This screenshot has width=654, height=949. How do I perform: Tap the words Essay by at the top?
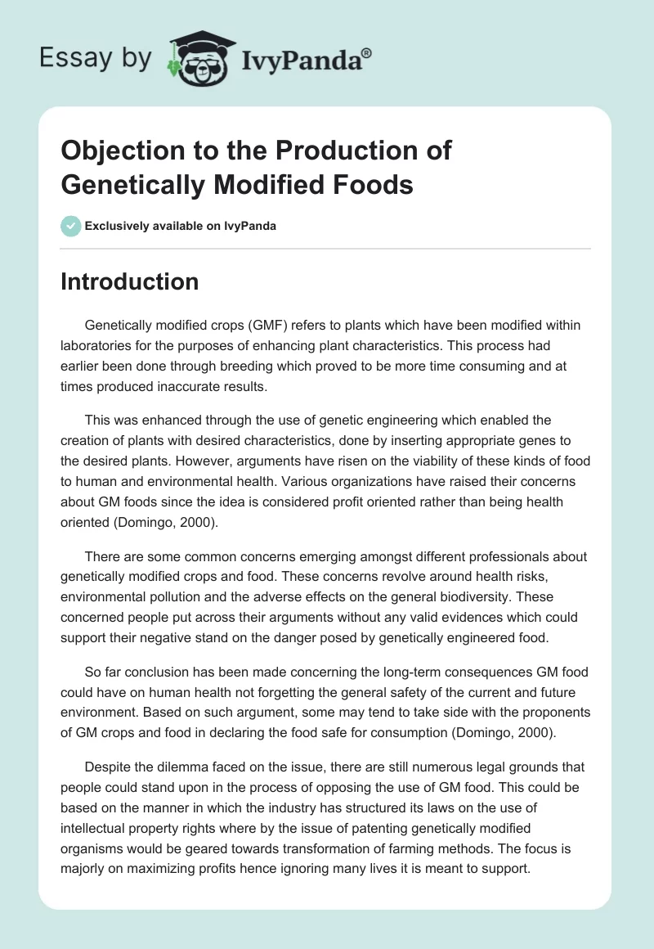coord(96,59)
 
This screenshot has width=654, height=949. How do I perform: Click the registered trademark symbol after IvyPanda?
coord(367,54)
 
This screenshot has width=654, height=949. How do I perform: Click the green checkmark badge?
coord(71,226)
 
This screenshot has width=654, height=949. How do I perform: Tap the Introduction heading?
coord(130,282)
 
